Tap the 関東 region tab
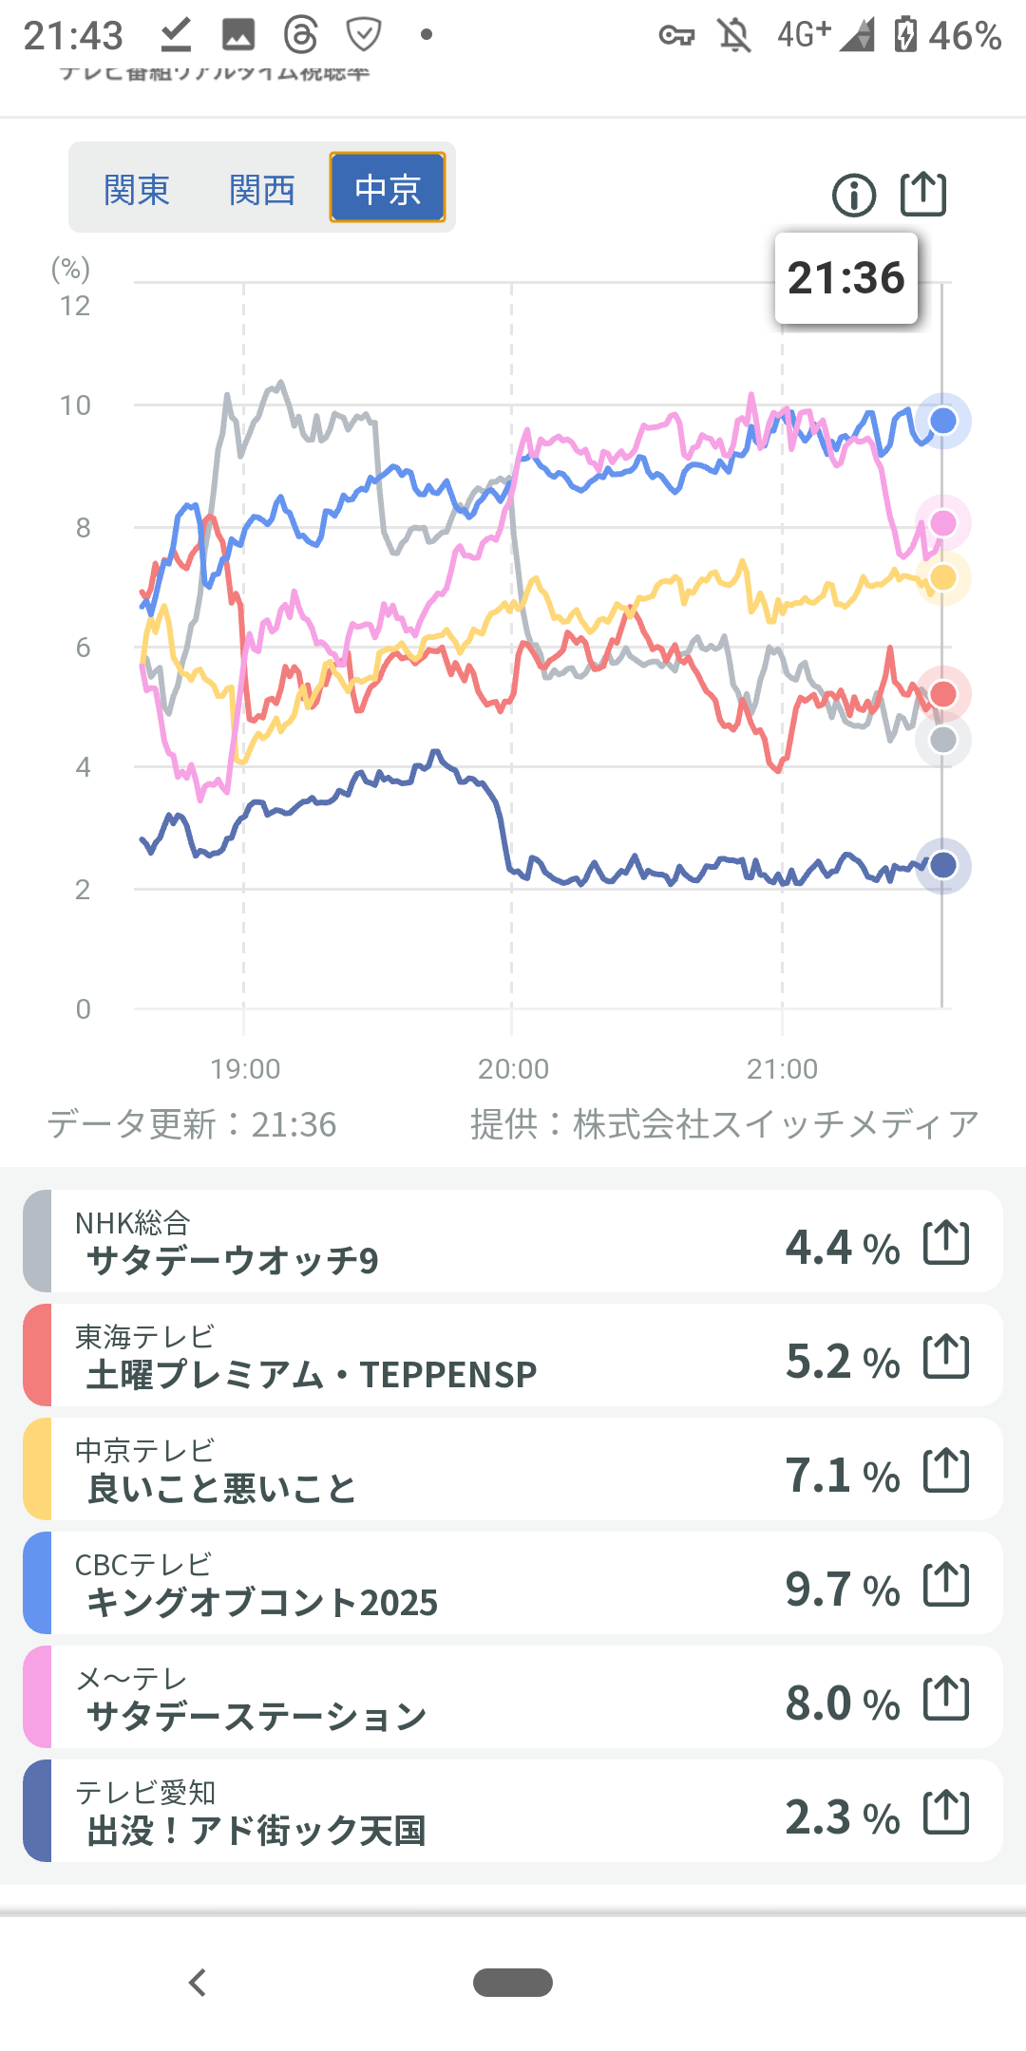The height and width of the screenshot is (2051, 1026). coord(137,189)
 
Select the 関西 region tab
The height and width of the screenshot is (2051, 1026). coord(262,189)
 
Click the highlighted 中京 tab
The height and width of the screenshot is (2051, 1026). coord(388,188)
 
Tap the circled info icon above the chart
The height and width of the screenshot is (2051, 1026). coord(854,196)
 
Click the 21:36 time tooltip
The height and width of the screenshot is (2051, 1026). coord(845,278)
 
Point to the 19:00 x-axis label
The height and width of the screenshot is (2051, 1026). coord(245,1069)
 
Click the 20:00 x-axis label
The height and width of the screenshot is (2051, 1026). coord(513,1069)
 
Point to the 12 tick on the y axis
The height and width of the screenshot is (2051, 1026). coord(75,306)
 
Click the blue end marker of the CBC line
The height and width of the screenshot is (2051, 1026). coord(942,421)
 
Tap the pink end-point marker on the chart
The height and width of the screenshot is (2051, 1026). coord(942,522)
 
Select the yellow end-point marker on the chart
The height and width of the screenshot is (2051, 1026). coord(942,577)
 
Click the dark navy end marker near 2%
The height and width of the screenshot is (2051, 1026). coord(942,865)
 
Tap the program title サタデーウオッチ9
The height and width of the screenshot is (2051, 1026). coord(233,1261)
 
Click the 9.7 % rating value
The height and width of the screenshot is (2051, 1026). coord(842,1589)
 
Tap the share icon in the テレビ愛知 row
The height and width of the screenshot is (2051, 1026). coord(946,1812)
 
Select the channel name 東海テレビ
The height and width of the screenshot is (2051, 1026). coord(145,1337)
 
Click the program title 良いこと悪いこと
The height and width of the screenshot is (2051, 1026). coord(221,1489)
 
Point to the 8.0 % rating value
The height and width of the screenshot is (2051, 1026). coord(842,1703)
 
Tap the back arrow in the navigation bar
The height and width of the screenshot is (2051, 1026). coord(198,1983)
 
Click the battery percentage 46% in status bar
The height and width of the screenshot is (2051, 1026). coord(964,36)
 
